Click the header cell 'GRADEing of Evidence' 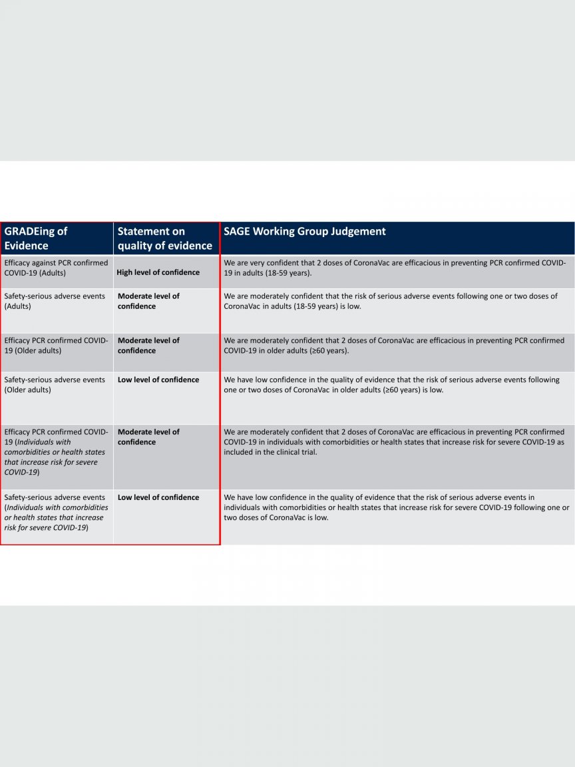(x=36, y=238)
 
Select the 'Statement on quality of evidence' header (x=164, y=238)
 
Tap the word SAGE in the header (x=238, y=232)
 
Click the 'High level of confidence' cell (x=158, y=272)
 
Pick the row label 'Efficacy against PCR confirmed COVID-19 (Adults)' (x=56, y=268)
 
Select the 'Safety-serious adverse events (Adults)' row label (x=55, y=301)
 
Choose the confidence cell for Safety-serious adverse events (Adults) (x=148, y=301)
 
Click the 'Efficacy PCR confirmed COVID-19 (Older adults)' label (x=56, y=346)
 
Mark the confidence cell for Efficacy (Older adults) (x=148, y=346)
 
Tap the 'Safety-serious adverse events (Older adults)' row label (x=55, y=385)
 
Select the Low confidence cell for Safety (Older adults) (x=158, y=380)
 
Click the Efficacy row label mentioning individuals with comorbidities (x=56, y=452)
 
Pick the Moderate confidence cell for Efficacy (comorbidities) (x=148, y=437)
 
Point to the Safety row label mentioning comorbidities (x=56, y=513)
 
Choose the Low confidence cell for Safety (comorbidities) (x=158, y=497)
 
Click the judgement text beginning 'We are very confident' (x=395, y=268)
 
